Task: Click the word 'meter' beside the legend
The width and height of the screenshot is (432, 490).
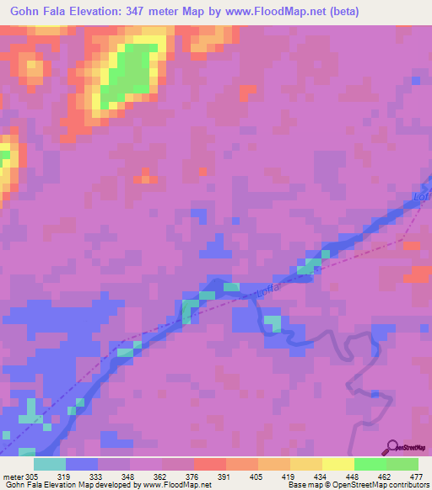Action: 12,476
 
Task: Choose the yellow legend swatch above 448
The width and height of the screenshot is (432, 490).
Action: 338,464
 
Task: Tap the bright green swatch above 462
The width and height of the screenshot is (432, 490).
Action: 370,464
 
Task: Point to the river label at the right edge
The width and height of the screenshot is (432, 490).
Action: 423,195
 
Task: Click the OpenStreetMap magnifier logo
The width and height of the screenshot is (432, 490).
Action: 392,447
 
